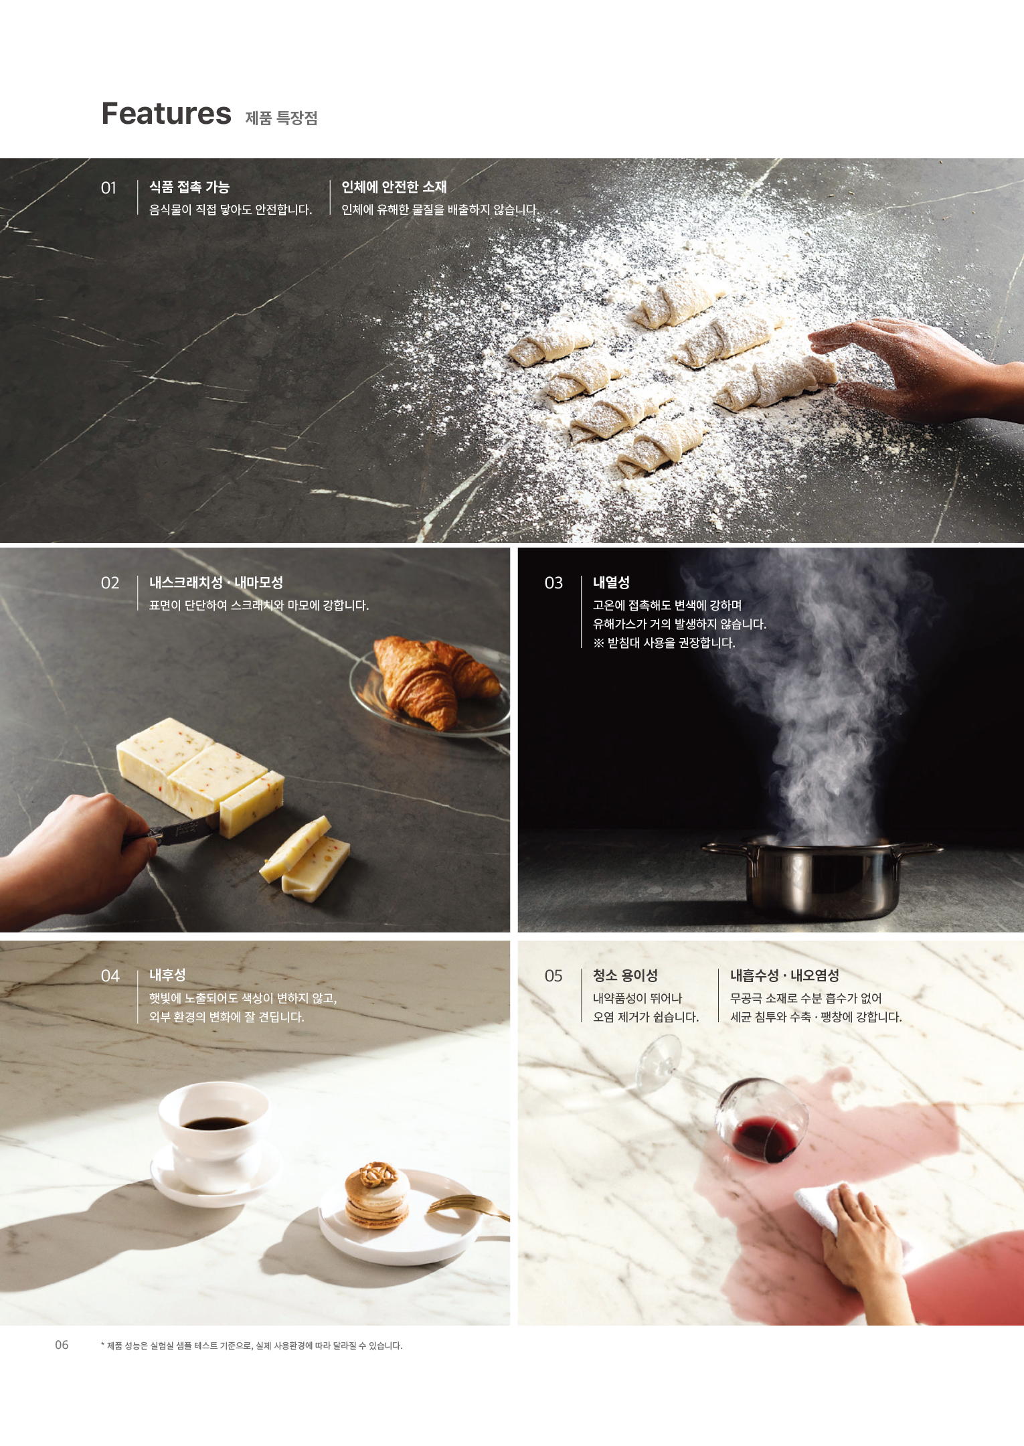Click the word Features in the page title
coord(166,114)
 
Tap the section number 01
coord(108,188)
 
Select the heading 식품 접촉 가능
coord(189,187)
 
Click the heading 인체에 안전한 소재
coord(394,187)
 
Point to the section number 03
coord(553,583)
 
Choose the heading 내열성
coord(611,582)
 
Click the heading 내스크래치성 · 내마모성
coord(216,582)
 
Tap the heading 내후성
coord(167,975)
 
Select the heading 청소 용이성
coord(625,975)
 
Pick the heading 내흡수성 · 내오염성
coord(784,975)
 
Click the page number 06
coord(62,1345)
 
